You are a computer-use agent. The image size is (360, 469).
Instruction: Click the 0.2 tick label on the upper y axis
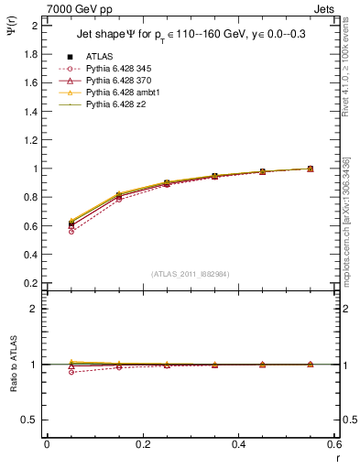[x=30, y=283]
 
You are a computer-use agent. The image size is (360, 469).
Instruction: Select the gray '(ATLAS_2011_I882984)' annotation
[x=191, y=274]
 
